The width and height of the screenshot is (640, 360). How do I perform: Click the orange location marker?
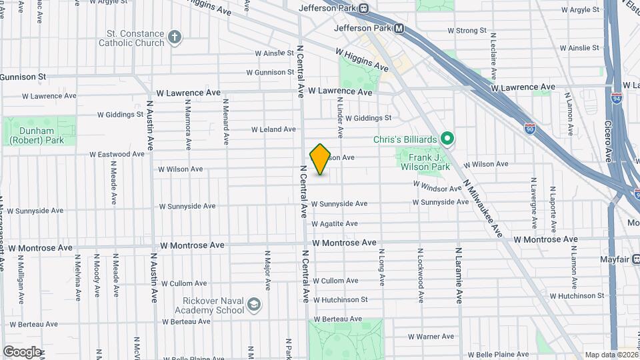point(321,159)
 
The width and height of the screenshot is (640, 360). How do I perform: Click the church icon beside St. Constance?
point(175,37)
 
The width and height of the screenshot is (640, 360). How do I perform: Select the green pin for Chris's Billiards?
point(448,139)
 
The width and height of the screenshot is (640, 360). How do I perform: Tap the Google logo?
point(21,351)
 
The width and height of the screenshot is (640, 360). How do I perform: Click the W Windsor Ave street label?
point(437,187)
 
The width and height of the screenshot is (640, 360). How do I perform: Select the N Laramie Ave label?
point(459,276)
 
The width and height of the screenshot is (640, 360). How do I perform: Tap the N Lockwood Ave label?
point(421,269)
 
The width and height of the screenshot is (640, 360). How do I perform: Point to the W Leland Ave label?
point(273,129)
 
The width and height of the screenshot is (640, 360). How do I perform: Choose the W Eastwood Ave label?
point(117,154)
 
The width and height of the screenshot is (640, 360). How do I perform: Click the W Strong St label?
point(467,31)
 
